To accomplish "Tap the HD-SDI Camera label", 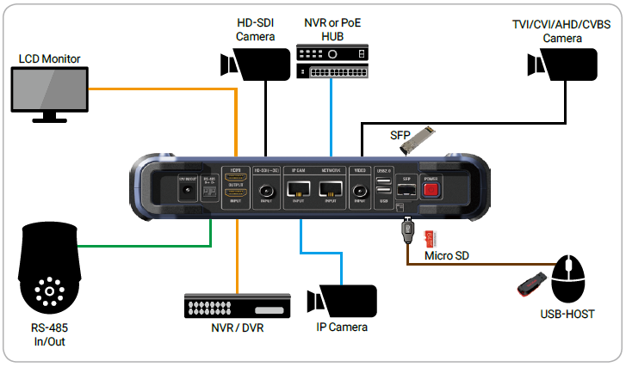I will [255, 30].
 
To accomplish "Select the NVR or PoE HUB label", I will [331, 30].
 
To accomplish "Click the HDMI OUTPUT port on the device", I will [235, 177].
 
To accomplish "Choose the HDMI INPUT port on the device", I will [235, 194].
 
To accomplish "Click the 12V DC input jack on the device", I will [183, 189].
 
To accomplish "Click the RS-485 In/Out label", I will [50, 335].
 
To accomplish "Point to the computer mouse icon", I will [571, 278].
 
